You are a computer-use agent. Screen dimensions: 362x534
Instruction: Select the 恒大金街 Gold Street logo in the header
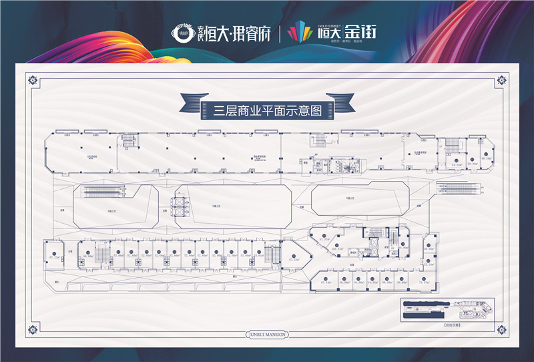pyautogui.click(x=332, y=31)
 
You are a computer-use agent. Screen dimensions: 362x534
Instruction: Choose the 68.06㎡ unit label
pyautogui.click(x=88, y=254)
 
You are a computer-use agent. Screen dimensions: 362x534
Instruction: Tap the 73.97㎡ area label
pyautogui.click(x=423, y=283)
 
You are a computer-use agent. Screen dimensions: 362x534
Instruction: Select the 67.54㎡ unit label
pyautogui.click(x=326, y=283)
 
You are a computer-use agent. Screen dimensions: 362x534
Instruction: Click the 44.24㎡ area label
pyautogui.click(x=456, y=163)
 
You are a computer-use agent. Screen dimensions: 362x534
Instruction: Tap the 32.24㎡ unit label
pyautogui.click(x=429, y=264)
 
